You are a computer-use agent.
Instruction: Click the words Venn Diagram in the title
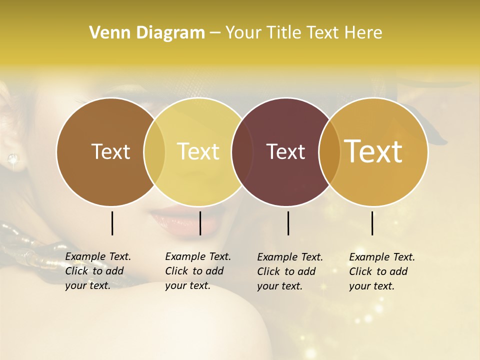click(146, 33)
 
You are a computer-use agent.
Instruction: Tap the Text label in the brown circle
click(110, 151)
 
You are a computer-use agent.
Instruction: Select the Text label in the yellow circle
click(198, 151)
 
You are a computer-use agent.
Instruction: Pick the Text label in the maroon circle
click(286, 151)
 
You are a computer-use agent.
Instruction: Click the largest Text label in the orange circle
click(373, 151)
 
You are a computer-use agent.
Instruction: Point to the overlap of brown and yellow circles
click(154, 151)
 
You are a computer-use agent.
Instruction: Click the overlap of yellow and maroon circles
click(242, 151)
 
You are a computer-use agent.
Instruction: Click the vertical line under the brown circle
click(112, 223)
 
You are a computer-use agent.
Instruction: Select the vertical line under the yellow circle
click(200, 223)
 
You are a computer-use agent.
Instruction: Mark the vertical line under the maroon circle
click(288, 223)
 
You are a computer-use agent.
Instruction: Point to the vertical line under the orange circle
click(372, 223)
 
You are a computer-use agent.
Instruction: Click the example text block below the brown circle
click(98, 271)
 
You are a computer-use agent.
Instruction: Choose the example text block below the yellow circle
click(198, 271)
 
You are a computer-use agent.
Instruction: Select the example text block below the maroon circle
click(290, 271)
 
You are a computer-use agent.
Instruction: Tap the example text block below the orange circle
click(382, 271)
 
